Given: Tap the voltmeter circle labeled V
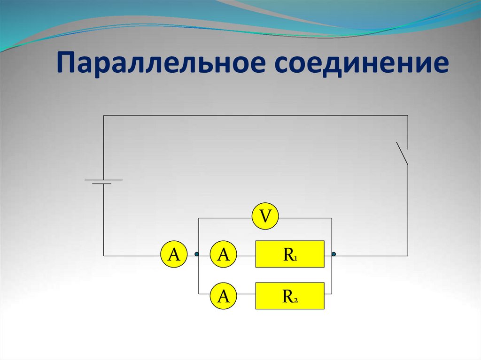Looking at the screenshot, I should pos(265,217).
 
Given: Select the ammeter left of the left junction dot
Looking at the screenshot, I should pos(174,255).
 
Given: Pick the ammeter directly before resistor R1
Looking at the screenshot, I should pos(224,255).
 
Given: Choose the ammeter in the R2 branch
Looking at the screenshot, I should pos(224,296).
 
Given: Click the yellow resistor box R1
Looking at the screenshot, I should pos(290,254).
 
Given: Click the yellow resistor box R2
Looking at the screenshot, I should pos(290,296).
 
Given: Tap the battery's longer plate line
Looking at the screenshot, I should pos(103,179).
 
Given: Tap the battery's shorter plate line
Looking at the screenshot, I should pos(102,184).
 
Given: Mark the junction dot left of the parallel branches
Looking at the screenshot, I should pos(197,254).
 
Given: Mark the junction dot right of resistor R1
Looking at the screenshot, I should pos(334,254).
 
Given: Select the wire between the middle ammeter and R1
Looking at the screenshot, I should pos(247,255).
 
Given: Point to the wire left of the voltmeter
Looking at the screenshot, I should pos(225,218).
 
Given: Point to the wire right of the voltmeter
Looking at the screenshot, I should pos(305,218).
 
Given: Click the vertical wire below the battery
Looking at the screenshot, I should pos(104,221).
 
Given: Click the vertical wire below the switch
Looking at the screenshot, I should pos(408,211).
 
